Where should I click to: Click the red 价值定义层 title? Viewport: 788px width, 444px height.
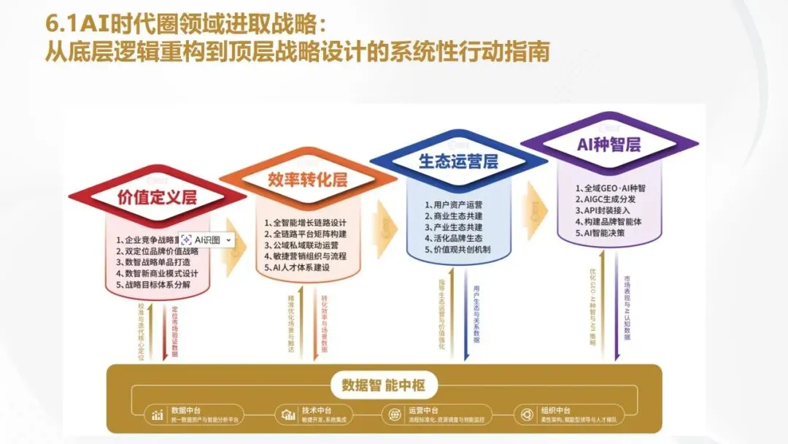[x=157, y=196]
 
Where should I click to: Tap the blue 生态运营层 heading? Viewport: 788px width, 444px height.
[x=458, y=161]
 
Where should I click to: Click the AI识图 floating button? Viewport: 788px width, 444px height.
[x=207, y=240]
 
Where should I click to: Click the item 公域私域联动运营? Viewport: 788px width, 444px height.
[x=305, y=245]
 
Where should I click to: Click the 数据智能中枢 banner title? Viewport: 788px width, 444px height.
[x=384, y=385]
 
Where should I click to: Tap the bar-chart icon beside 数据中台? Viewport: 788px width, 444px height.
[x=158, y=415]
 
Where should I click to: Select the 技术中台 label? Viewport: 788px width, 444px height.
[x=317, y=410]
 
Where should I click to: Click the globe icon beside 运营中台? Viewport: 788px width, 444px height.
[x=394, y=415]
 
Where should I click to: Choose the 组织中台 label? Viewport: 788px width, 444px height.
[x=557, y=410]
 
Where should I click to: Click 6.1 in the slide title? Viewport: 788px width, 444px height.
[x=61, y=24]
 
